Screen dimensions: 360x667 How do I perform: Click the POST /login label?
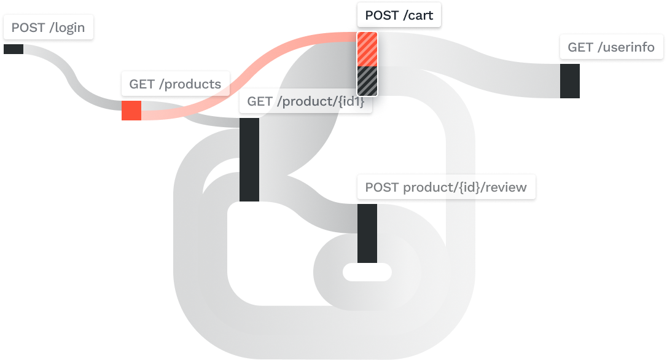(x=49, y=28)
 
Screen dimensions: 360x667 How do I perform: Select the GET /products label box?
(x=175, y=84)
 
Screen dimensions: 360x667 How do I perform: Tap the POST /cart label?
(x=399, y=15)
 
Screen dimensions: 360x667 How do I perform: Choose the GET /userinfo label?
(x=611, y=47)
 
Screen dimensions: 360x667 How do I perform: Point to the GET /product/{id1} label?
(x=306, y=101)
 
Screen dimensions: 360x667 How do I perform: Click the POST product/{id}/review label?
(x=445, y=187)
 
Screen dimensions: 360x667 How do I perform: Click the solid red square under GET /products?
(x=131, y=110)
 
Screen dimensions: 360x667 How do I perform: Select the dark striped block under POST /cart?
(x=367, y=80)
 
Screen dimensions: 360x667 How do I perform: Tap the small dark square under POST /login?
(x=13, y=48)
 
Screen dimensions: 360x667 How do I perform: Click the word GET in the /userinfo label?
(x=579, y=47)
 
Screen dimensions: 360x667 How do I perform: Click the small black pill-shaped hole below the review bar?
(x=367, y=271)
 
